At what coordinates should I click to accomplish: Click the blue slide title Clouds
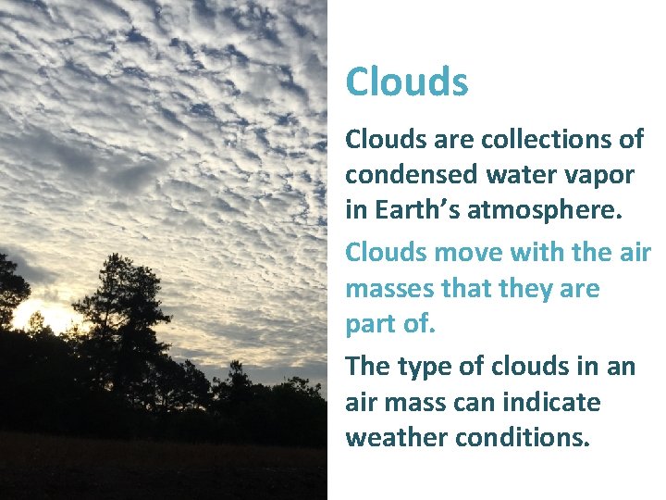click(x=407, y=81)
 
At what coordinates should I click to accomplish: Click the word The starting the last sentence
click(x=368, y=367)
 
